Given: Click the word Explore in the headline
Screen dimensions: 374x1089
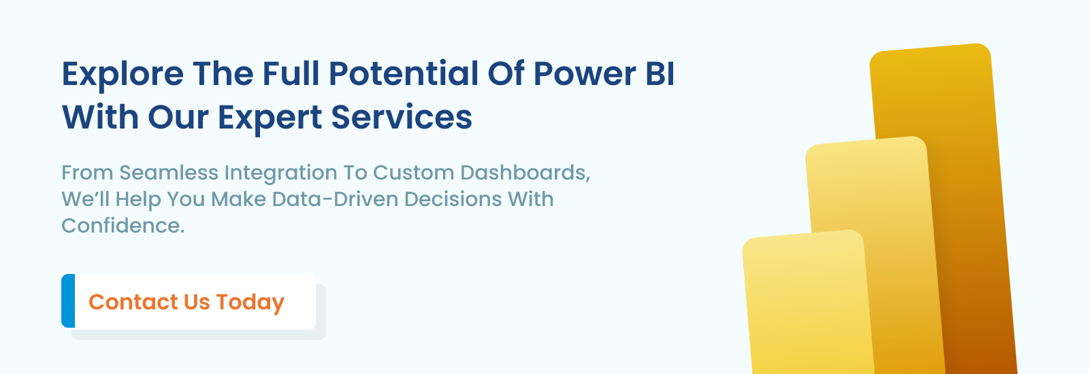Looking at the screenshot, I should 123,74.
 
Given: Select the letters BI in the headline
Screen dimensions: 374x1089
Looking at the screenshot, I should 660,73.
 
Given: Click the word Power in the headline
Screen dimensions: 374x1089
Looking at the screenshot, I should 585,74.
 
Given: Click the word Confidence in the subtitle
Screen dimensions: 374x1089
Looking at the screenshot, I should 123,226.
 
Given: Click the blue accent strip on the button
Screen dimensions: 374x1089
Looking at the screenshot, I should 68,301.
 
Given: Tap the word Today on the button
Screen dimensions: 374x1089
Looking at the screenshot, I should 250,302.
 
